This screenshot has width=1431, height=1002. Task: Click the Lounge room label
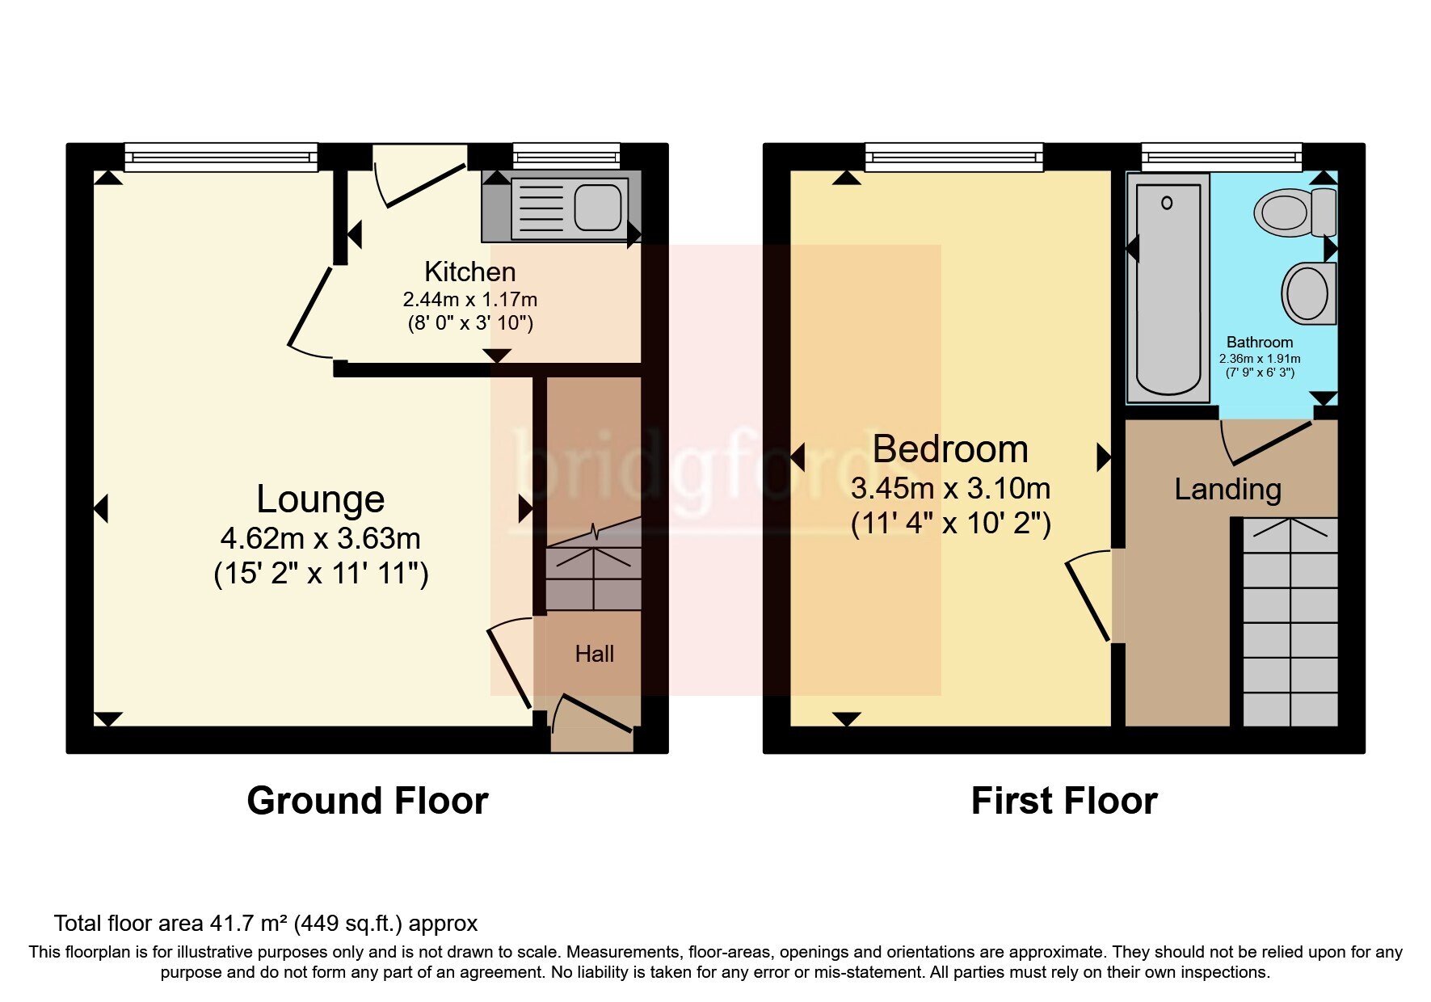pyautogui.click(x=320, y=499)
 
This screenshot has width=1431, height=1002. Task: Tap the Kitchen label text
pyautogui.click(x=469, y=272)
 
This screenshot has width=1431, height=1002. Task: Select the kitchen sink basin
pyautogui.click(x=598, y=205)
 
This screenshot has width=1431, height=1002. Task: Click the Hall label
pyautogui.click(x=594, y=654)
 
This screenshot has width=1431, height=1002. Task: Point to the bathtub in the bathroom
pyautogui.click(x=1168, y=287)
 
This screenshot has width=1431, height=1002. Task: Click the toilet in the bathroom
pyautogui.click(x=1293, y=212)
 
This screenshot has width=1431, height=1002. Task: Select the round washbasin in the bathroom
pyautogui.click(x=1307, y=293)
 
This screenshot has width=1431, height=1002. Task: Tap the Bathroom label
pyautogui.click(x=1259, y=342)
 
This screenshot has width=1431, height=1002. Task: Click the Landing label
pyautogui.click(x=1227, y=489)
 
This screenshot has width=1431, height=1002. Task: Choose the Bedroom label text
pyautogui.click(x=950, y=449)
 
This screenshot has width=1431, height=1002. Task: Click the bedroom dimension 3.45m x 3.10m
pyautogui.click(x=950, y=488)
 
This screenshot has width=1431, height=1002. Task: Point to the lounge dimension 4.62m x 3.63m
pyautogui.click(x=320, y=538)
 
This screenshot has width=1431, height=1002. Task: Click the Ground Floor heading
pyautogui.click(x=368, y=801)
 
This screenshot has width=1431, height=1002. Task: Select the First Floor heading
pyautogui.click(x=1063, y=801)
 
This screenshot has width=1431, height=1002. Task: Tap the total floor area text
pyautogui.click(x=265, y=923)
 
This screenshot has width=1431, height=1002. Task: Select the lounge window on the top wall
pyautogui.click(x=221, y=157)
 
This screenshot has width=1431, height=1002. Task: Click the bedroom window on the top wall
pyautogui.click(x=953, y=157)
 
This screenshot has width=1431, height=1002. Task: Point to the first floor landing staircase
pyautogui.click(x=1290, y=622)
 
